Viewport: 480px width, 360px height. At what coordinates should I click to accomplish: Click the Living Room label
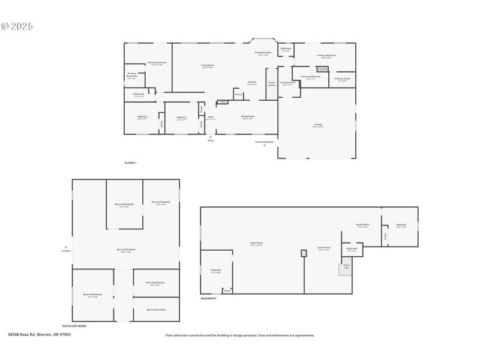pyautogui.click(x=208, y=65)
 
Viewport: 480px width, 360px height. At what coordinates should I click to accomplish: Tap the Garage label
pyautogui.click(x=318, y=125)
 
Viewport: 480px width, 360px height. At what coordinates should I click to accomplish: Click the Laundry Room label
pyautogui.click(x=288, y=83)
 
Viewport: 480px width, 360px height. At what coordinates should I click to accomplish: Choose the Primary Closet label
pyautogui.click(x=343, y=79)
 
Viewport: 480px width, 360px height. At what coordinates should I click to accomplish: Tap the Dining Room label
pyautogui.click(x=248, y=117)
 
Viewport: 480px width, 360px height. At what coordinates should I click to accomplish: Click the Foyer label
pyautogui.click(x=211, y=118)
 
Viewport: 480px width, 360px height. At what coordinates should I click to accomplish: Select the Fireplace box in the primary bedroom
pyautogui.click(x=322, y=70)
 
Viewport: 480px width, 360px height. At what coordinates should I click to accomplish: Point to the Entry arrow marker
pyautogui.click(x=210, y=137)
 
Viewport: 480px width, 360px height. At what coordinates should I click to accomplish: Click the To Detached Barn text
pyautogui.click(x=264, y=142)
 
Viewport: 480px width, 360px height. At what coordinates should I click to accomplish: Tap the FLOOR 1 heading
pyautogui.click(x=130, y=163)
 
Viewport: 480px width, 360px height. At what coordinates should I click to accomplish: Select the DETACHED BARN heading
pyautogui.click(x=74, y=325)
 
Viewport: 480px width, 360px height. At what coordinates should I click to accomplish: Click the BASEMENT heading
pyautogui.click(x=208, y=298)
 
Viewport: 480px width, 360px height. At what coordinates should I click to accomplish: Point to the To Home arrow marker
pyautogui.click(x=65, y=247)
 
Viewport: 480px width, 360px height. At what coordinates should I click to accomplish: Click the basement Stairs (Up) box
pyautogui.click(x=346, y=269)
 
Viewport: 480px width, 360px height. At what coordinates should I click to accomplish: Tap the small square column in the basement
pyautogui.click(x=304, y=253)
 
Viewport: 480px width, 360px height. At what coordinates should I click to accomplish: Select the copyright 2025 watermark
pyautogui.click(x=17, y=26)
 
